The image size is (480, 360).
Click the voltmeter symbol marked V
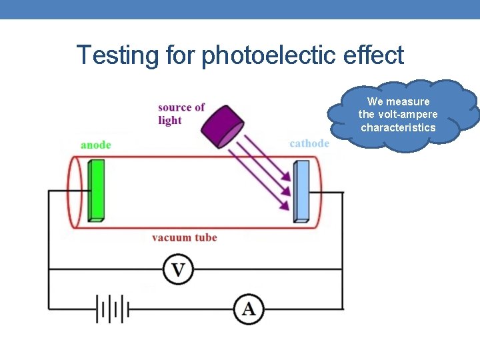coord(179,269)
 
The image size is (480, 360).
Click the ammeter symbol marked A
coord(249,309)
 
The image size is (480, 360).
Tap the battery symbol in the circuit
coord(111,309)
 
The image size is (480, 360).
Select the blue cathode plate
coord(302,191)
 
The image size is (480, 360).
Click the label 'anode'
coord(95,145)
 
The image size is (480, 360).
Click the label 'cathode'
coord(309,143)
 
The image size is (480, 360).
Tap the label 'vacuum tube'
coord(184,237)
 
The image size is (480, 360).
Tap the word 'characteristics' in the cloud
coord(398,127)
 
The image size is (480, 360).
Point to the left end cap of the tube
coord(75,191)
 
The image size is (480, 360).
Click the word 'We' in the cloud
coord(375,101)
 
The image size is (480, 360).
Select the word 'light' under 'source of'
coord(169,121)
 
